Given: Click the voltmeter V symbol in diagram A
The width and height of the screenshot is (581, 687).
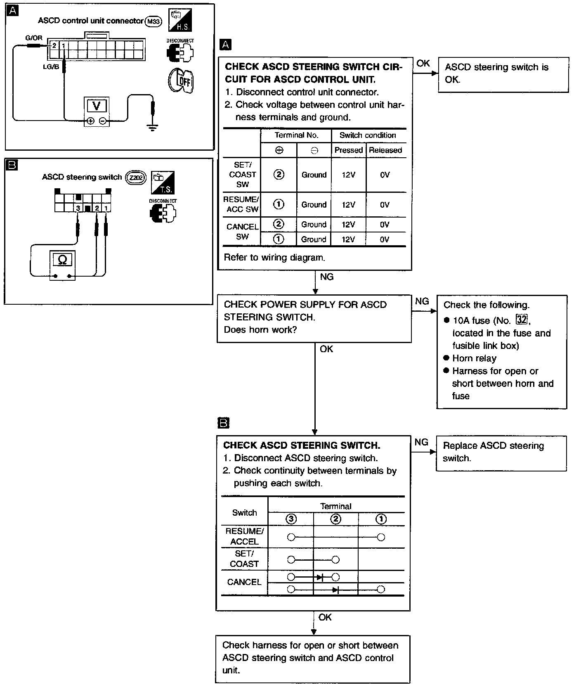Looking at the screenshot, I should tap(96, 106).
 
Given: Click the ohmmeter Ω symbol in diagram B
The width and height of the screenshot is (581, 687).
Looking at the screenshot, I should tap(62, 260).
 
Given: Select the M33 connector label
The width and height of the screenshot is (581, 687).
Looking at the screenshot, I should tap(154, 21).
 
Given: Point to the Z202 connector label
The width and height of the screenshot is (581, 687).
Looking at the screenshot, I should tap(135, 177).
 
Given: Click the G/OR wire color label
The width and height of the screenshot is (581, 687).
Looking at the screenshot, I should tap(34, 38).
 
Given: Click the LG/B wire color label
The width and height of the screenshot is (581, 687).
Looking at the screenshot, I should tap(51, 66).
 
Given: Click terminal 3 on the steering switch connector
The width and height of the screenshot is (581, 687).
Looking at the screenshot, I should tap(78, 208).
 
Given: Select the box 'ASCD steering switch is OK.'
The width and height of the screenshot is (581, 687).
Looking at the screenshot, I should tap(503, 73).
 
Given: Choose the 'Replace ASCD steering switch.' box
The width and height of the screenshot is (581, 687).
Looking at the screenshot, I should tap(501, 452).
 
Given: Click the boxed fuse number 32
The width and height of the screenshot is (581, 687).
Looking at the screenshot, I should tap(522, 320).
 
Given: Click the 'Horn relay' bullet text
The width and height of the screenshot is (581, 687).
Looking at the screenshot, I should tap(474, 358).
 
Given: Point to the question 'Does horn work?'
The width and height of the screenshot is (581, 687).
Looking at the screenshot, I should tap(260, 329).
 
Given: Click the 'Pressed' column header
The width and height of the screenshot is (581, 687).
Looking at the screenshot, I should tap(349, 150).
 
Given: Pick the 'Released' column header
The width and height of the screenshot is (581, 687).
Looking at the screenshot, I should tap(385, 150).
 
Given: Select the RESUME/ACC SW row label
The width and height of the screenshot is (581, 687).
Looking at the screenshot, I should tap(242, 204).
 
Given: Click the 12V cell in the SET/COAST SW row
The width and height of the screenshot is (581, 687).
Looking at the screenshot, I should tap(349, 175).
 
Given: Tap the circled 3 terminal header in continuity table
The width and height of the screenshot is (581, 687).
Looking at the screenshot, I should tap(291, 519).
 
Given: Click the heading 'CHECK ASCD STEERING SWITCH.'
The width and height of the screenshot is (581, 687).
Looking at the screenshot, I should tap(302, 445).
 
